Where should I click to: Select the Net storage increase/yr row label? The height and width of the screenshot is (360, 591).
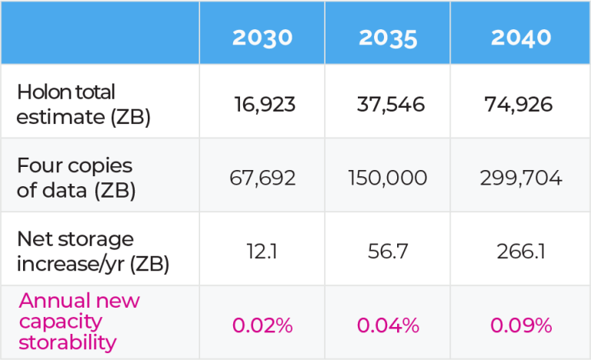92,252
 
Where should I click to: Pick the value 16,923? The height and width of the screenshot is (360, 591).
264,105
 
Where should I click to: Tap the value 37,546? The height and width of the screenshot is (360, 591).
390,105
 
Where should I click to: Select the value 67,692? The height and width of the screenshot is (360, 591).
264,178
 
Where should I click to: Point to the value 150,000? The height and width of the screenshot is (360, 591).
390,178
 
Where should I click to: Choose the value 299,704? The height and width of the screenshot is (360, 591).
520,178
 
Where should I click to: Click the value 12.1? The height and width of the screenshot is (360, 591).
263,252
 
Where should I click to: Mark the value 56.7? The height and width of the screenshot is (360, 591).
389,252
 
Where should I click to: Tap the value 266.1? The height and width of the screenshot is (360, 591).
520,252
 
